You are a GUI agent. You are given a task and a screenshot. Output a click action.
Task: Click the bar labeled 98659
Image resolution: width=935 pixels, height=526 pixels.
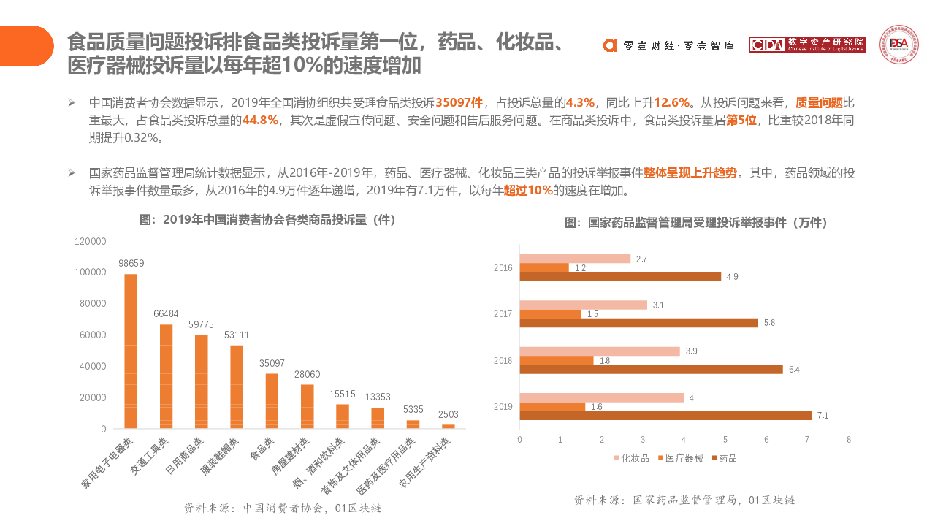tap(131, 351)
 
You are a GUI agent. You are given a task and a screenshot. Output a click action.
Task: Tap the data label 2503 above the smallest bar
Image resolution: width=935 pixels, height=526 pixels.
tap(449, 414)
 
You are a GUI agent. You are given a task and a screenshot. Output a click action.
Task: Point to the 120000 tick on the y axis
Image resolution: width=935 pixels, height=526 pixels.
tap(91, 241)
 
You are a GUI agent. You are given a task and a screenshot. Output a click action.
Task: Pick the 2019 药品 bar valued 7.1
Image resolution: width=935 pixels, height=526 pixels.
tap(665, 416)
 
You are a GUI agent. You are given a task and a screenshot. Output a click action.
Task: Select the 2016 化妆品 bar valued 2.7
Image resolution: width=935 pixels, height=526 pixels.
tap(575, 259)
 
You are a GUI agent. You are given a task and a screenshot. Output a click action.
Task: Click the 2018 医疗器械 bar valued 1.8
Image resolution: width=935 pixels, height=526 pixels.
tap(557, 360)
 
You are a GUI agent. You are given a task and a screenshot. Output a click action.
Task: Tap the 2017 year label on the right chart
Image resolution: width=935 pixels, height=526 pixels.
tap(503, 314)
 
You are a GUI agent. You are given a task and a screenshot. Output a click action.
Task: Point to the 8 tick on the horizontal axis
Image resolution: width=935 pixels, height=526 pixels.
tap(849, 440)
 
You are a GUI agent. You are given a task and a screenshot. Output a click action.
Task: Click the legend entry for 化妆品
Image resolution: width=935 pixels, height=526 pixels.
tap(631, 458)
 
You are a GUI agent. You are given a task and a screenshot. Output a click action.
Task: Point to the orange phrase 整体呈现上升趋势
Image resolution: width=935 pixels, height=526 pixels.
tap(690, 173)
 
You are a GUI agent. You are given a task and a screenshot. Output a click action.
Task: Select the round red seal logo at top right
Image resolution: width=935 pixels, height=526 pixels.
tap(898, 45)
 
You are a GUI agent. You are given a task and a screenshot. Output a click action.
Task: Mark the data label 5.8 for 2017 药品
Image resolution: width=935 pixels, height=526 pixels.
tap(769, 323)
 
